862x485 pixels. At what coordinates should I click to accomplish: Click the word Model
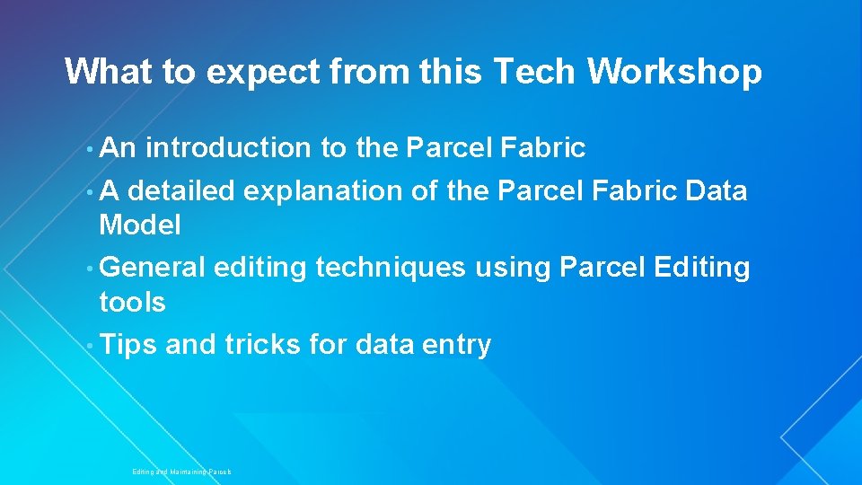point(140,225)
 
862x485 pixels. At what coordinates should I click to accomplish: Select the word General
point(153,268)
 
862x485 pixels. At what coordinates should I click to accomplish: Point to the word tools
point(132,303)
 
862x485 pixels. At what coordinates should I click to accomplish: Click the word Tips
point(128,345)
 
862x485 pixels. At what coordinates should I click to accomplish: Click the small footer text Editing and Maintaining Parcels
point(181,472)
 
